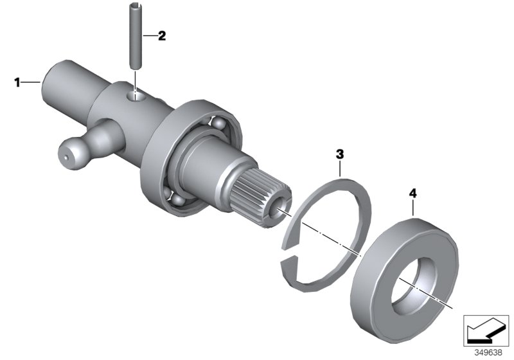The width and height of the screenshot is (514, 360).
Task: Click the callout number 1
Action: click(18, 82)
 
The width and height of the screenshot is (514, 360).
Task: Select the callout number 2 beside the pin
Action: click(162, 36)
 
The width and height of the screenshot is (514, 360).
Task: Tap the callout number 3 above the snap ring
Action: click(340, 154)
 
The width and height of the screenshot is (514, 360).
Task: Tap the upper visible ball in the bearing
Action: click(218, 123)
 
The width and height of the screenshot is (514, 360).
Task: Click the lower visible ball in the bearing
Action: click(177, 203)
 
